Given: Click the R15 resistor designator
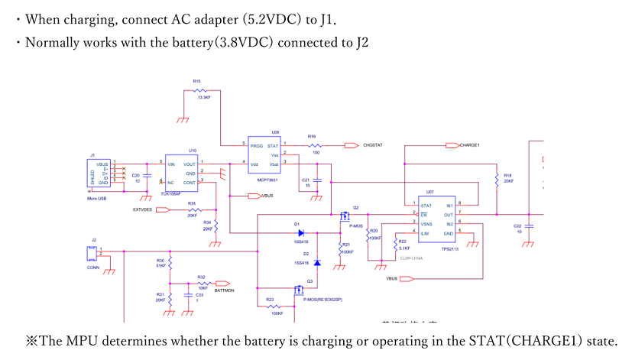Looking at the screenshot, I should [x=197, y=81].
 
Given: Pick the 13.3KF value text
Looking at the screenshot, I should [x=204, y=98].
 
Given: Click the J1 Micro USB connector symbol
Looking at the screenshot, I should [x=102, y=174].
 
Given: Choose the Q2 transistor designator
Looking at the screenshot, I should [x=355, y=208].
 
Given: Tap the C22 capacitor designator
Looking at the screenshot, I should [x=517, y=226].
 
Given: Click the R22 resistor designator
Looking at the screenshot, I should [x=403, y=242].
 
